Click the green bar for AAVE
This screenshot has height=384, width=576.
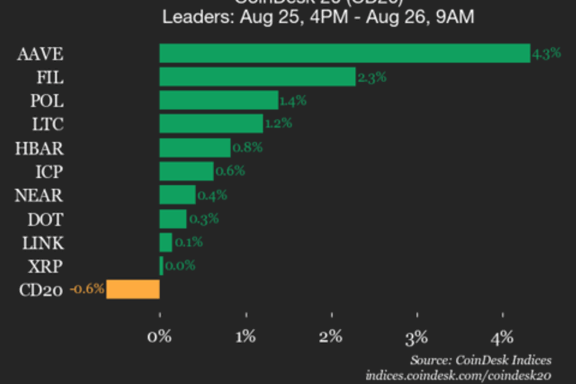344,53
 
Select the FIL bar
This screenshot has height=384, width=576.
257,77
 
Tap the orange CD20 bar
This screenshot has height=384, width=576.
133,290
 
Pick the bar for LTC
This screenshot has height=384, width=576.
211,124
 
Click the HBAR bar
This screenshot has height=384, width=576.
194,148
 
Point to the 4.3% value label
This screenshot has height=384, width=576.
541,53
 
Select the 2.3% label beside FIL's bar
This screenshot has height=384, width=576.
372,77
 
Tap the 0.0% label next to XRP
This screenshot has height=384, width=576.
180,266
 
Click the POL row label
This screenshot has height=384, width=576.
47,101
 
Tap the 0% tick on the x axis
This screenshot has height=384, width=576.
159,336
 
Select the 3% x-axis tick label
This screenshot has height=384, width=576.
417,336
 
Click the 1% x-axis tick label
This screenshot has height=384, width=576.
246,336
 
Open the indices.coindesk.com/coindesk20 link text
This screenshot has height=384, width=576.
458,375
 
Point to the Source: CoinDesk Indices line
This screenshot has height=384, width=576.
480,360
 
